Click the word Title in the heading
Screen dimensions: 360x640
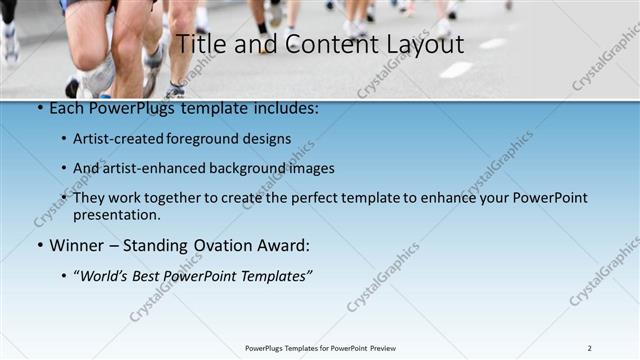200,45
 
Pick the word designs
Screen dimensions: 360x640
271,139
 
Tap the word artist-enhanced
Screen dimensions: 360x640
147,168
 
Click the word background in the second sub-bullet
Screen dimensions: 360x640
242,168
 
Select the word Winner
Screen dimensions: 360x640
76,245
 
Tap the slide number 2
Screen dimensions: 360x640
589,348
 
